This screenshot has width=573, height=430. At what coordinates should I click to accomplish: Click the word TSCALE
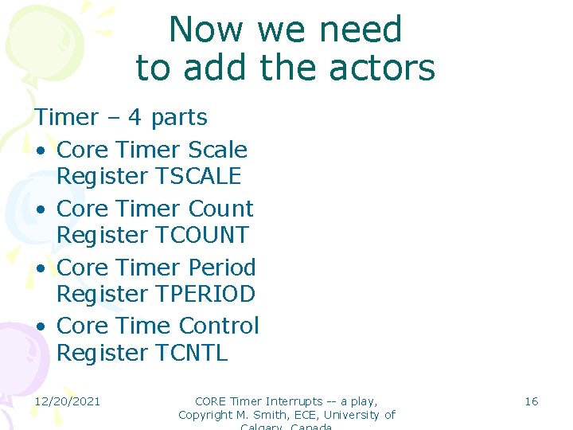pyautogui.click(x=198, y=177)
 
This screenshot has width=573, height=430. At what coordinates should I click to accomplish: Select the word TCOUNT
pyautogui.click(x=202, y=236)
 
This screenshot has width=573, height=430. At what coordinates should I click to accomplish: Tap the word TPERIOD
pyautogui.click(x=205, y=295)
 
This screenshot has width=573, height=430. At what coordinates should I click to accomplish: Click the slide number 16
pyautogui.click(x=531, y=401)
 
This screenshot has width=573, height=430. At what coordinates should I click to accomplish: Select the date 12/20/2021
pyautogui.click(x=67, y=401)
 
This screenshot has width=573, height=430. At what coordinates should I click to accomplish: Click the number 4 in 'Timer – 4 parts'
pyautogui.click(x=135, y=118)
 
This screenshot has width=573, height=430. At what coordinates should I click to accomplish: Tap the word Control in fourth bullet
pyautogui.click(x=220, y=326)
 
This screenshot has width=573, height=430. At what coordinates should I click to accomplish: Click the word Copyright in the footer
pyautogui.click(x=208, y=415)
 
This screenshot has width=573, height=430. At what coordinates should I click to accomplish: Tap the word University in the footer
pyautogui.click(x=351, y=415)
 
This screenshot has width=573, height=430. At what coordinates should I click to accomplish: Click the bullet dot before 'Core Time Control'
pyautogui.click(x=40, y=327)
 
